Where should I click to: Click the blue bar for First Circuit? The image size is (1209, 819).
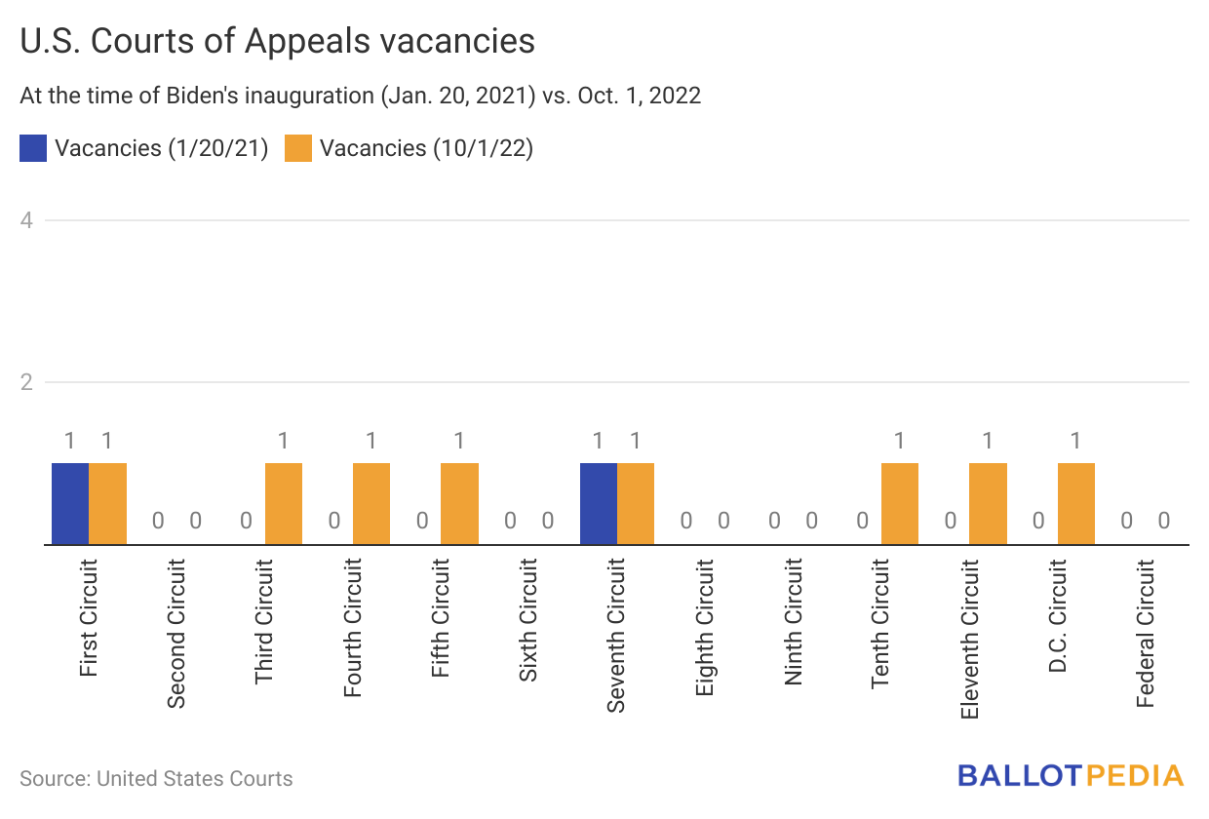tap(70, 503)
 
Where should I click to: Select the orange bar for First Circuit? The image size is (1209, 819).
tap(108, 503)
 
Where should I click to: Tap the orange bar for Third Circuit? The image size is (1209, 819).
tap(284, 503)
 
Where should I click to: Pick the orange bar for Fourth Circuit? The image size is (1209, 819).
tap(371, 503)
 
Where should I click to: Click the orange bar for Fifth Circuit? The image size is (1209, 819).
tap(459, 503)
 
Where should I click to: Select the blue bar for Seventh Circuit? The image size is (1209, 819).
tap(599, 503)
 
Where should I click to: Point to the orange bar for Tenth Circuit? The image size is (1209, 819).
tap(900, 503)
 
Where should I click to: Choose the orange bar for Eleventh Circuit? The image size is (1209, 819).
tap(988, 503)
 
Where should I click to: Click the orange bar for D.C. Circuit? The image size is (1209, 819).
tap(1076, 503)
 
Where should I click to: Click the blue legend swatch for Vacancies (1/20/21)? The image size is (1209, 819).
tap(33, 148)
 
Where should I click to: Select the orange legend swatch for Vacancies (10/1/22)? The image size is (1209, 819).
tap(298, 148)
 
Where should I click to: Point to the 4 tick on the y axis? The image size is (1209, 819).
tap(27, 220)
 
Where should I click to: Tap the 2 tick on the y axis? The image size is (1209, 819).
tap(27, 382)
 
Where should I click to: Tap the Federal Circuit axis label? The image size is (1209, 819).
tap(1146, 633)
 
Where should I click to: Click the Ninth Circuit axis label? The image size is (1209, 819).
tap(794, 621)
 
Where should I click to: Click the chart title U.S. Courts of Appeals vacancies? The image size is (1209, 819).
tap(277, 41)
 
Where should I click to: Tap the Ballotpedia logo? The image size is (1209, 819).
tap(1070, 776)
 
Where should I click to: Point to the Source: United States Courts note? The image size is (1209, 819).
tap(156, 778)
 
